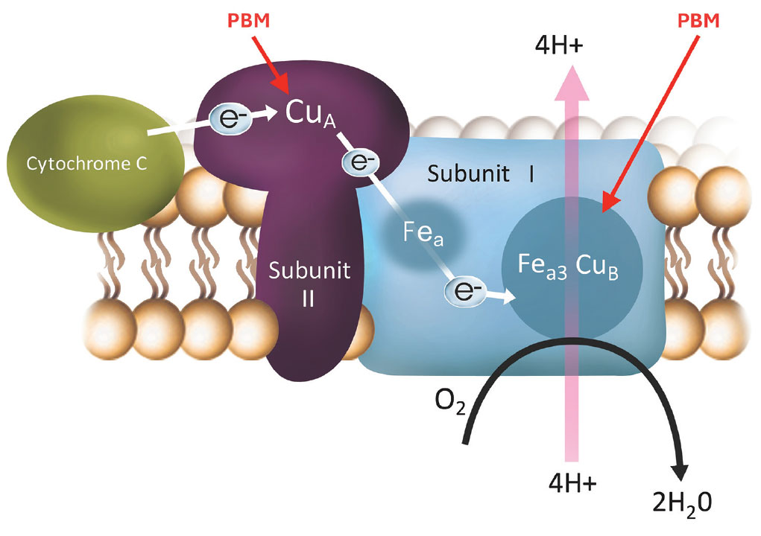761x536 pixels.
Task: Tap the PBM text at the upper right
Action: [x=698, y=19]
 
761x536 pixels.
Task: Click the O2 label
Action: [x=449, y=408]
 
